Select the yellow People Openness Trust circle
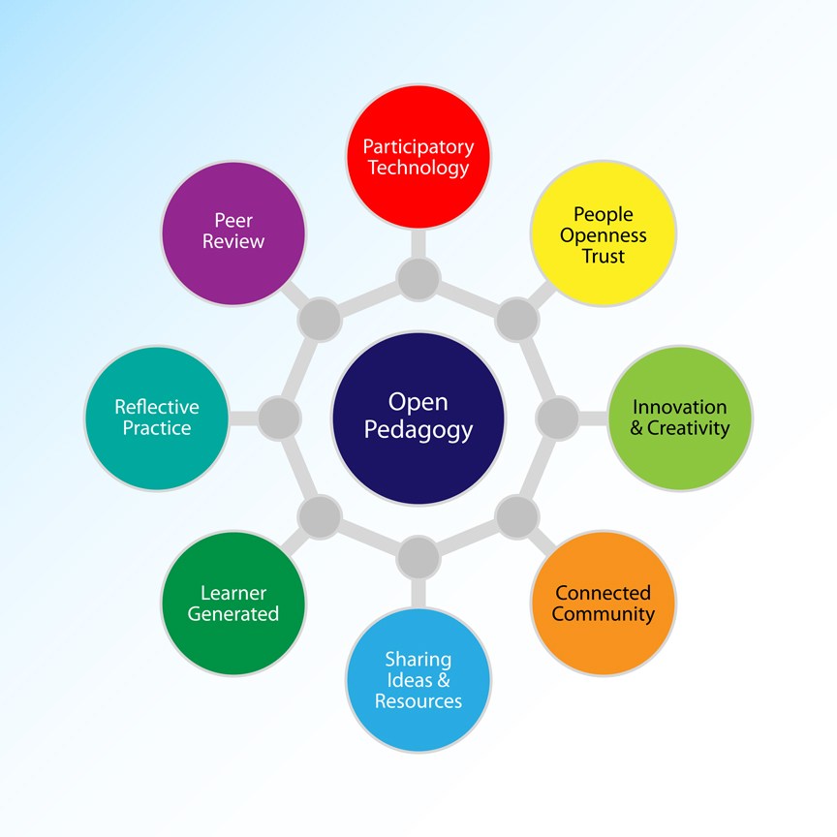click(603, 234)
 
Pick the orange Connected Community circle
click(603, 603)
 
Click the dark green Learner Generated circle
click(233, 603)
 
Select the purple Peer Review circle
click(233, 232)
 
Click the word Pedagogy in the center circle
click(418, 429)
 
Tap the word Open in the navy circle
click(418, 402)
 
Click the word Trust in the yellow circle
click(603, 257)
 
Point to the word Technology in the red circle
click(418, 168)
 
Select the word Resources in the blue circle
click(418, 701)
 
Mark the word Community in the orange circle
click(603, 614)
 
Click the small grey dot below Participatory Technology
click(418, 279)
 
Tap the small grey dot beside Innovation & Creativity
click(557, 418)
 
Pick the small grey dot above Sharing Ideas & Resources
click(418, 557)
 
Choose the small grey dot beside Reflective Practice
click(280, 418)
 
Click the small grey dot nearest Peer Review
click(320, 319)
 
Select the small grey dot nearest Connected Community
click(516, 516)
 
